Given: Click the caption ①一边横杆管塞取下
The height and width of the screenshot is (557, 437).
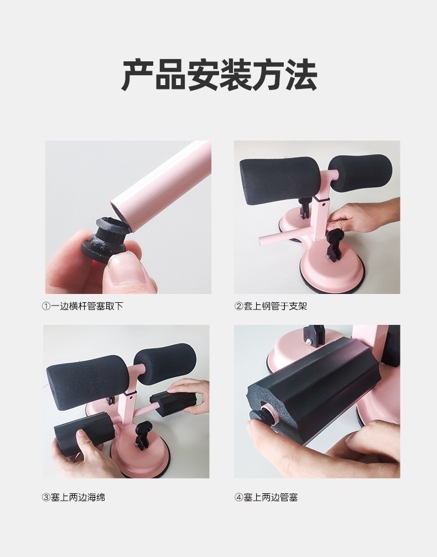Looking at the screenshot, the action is click(x=82, y=306).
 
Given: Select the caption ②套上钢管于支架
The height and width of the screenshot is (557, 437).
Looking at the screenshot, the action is click(x=270, y=306).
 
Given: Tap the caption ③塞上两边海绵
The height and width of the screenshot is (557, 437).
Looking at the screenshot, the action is click(x=73, y=497).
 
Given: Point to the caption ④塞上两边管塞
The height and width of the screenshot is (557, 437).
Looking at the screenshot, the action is click(x=266, y=497).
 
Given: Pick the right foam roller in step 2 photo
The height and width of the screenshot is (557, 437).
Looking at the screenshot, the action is click(x=361, y=172).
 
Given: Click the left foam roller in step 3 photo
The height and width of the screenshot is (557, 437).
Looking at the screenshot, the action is click(x=87, y=378).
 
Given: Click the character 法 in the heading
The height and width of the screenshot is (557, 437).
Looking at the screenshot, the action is click(x=301, y=75).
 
